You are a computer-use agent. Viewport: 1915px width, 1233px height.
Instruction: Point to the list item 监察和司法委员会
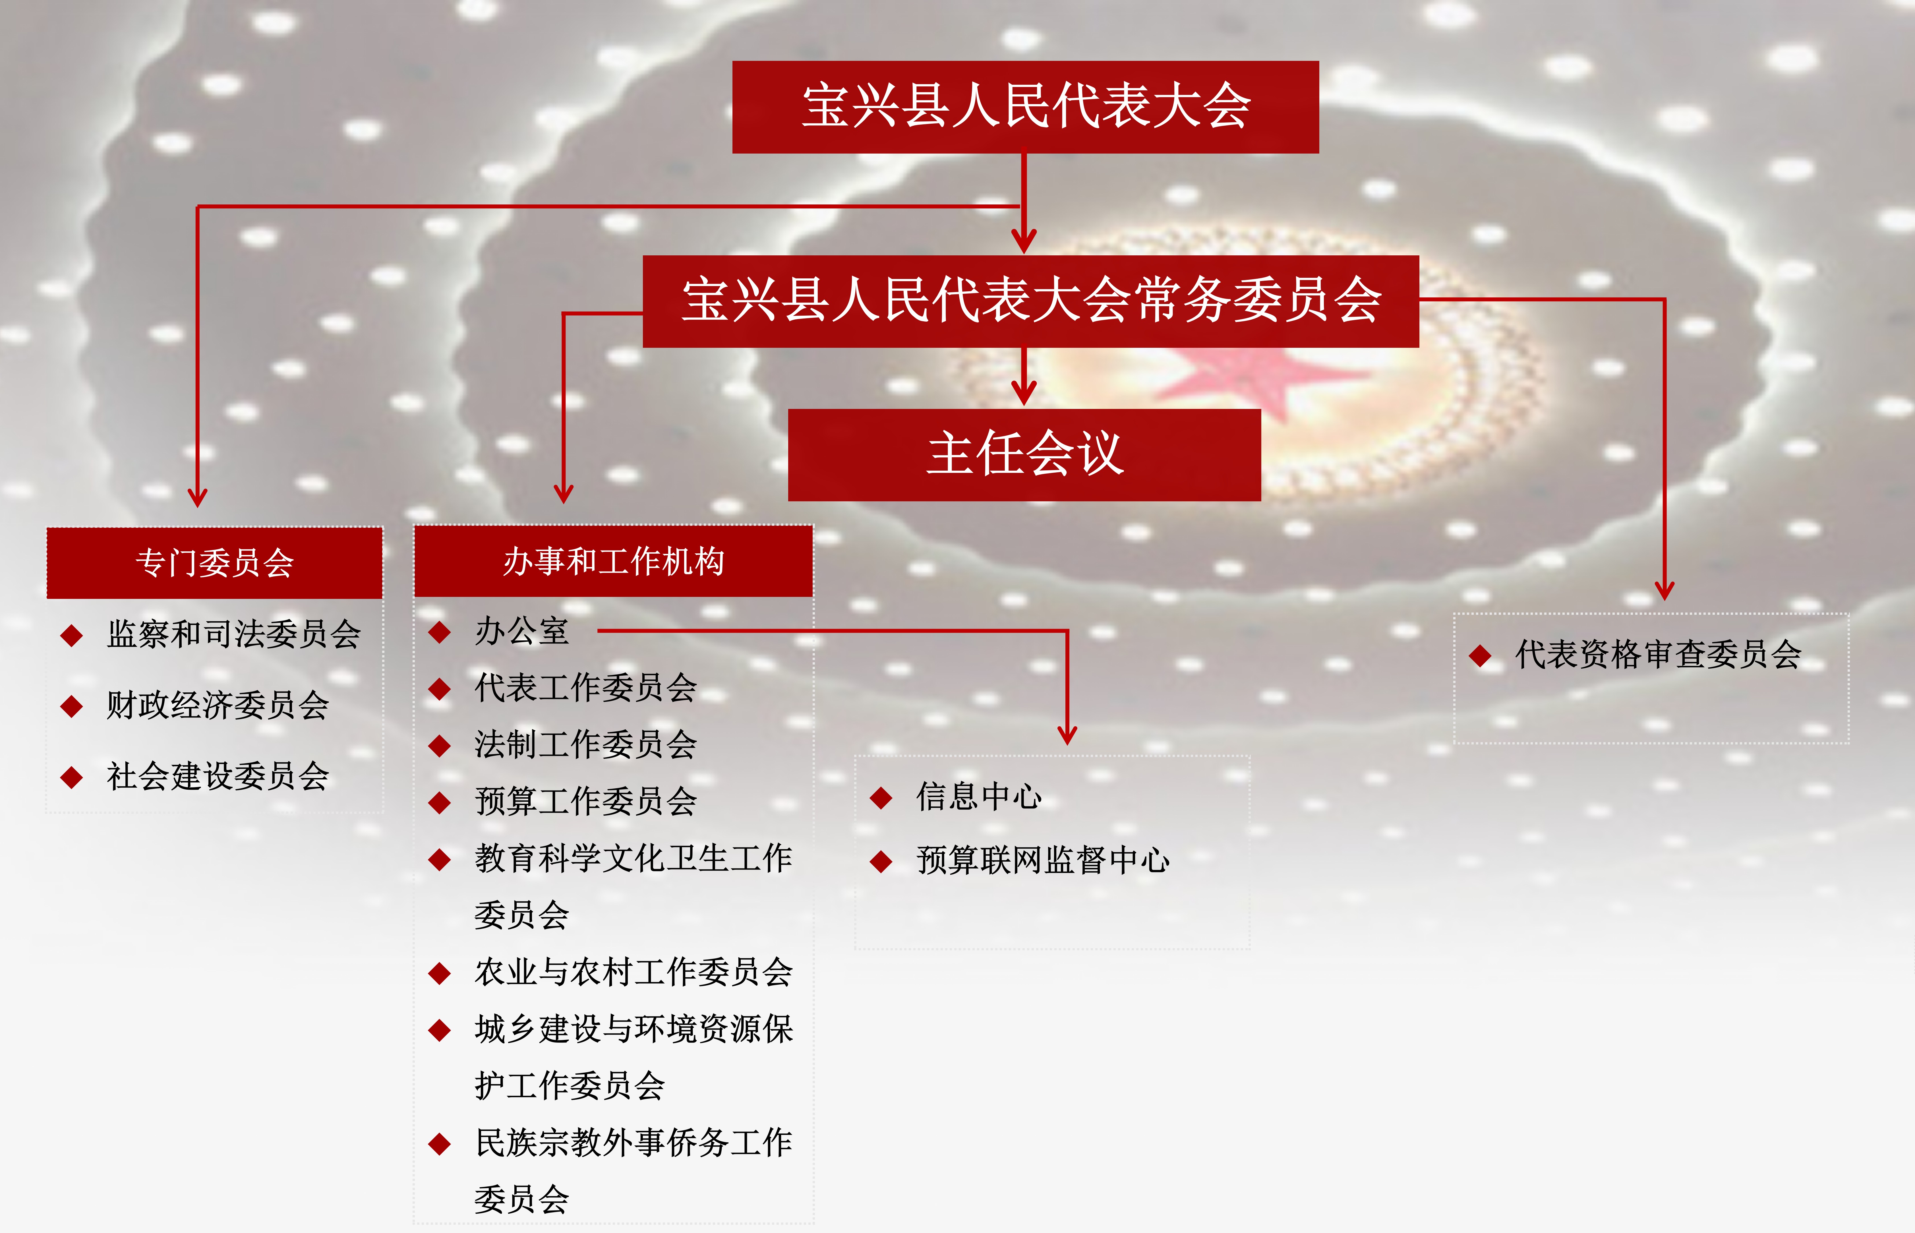[x=234, y=634]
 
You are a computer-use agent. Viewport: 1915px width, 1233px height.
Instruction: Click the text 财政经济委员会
[x=218, y=706]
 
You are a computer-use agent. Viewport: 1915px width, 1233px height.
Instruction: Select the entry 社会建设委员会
[x=218, y=776]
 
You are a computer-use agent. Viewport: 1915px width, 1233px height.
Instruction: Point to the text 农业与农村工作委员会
[x=633, y=972]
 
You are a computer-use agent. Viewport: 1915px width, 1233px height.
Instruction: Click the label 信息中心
[x=979, y=797]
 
